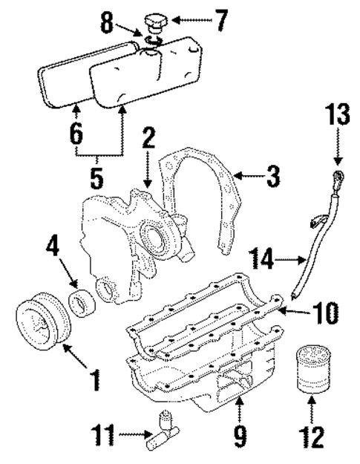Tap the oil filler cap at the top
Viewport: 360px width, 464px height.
tap(159, 20)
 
